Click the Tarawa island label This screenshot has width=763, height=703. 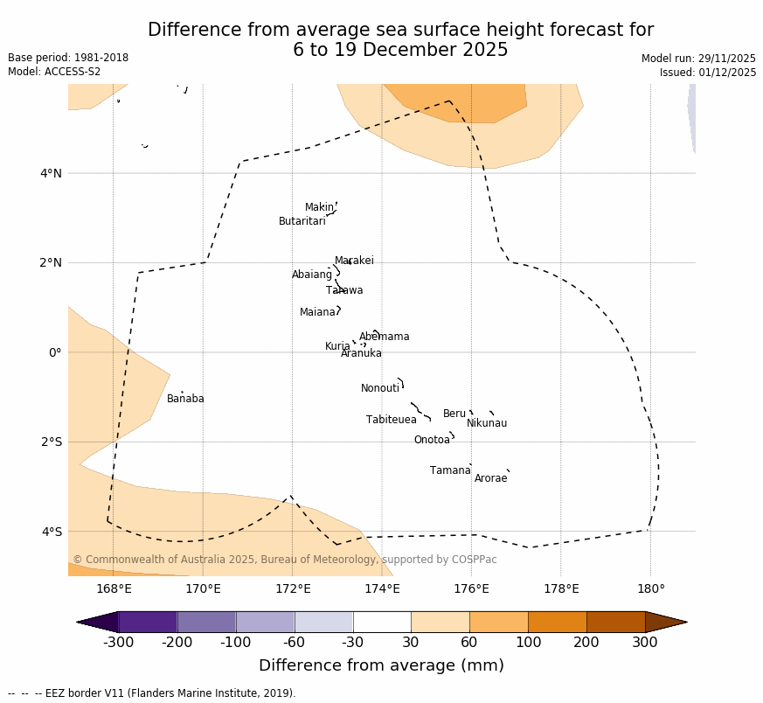coord(344,290)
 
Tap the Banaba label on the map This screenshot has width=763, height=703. coord(185,399)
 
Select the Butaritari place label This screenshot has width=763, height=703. coord(302,221)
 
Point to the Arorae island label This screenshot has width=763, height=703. coord(490,478)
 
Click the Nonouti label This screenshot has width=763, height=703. coord(380,388)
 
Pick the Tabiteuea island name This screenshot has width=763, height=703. coord(392,420)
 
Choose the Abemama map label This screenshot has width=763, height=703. coord(384,337)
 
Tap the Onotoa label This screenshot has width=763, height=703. coord(432,440)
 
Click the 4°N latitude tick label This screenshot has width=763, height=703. coord(51,173)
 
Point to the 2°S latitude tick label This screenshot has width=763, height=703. coord(51,442)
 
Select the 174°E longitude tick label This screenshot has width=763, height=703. coord(382,588)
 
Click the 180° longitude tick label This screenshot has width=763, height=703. coord(650,588)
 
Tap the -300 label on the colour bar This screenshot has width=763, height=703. coord(118,643)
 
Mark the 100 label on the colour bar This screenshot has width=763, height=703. coord(528,643)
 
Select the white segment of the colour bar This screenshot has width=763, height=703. coord(382,622)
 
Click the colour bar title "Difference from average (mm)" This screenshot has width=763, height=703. coord(381,665)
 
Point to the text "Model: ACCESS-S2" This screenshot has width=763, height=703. coord(54,72)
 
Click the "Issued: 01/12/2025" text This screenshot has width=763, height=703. coord(708,73)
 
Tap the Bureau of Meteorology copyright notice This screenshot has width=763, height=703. coord(285,560)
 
